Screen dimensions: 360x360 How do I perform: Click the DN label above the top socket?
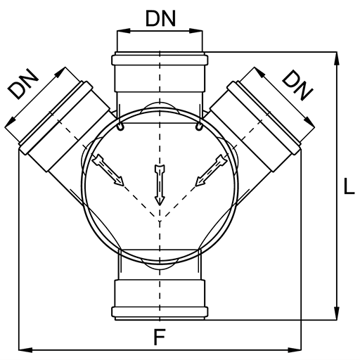coord(160,18)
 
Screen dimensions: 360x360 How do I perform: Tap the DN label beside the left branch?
coord(22,84)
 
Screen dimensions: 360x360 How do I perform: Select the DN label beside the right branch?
coord(297,86)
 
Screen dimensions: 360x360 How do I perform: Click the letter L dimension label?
coord(349,186)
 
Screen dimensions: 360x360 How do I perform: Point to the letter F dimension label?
coord(160,337)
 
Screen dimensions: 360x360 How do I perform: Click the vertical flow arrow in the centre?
coord(160,185)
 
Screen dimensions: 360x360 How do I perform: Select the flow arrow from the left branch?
coord(108,170)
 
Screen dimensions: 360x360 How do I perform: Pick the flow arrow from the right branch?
coord(211,170)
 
